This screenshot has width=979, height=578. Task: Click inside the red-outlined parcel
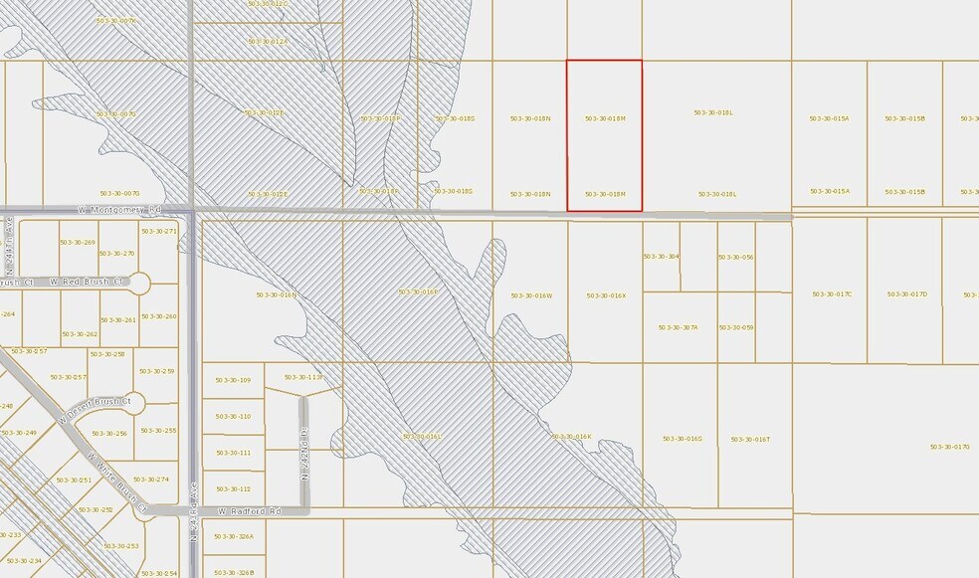tap(604, 149)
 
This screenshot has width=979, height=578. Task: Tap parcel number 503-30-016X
tap(606, 295)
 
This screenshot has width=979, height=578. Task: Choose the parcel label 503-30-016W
tap(531, 295)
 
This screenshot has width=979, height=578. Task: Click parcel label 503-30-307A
tap(678, 327)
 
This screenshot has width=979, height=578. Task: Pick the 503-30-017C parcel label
tap(832, 294)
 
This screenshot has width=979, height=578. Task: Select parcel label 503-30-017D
tap(906, 294)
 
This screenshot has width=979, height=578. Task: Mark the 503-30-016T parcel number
tap(750, 439)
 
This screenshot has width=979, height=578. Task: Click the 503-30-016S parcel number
tap(682, 438)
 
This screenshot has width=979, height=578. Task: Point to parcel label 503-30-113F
tap(303, 377)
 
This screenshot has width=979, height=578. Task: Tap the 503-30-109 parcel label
tap(233, 380)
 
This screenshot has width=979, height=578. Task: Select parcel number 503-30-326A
tap(235, 536)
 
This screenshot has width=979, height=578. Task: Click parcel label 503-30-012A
tap(268, 42)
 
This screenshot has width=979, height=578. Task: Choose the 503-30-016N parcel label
tap(277, 294)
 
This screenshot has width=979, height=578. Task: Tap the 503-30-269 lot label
tap(78, 243)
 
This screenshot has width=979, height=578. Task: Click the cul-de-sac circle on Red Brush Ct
tap(139, 283)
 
